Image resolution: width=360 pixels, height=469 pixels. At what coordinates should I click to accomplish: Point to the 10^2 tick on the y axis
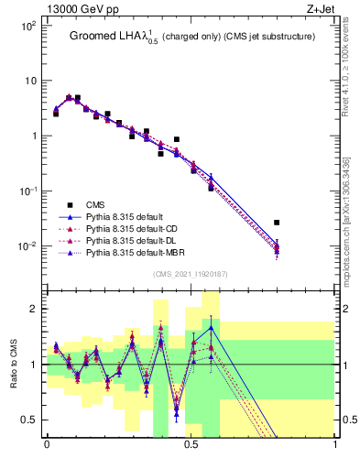click(x=27, y=26)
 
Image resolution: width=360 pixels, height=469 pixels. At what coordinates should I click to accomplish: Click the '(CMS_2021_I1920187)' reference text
click(x=191, y=273)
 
